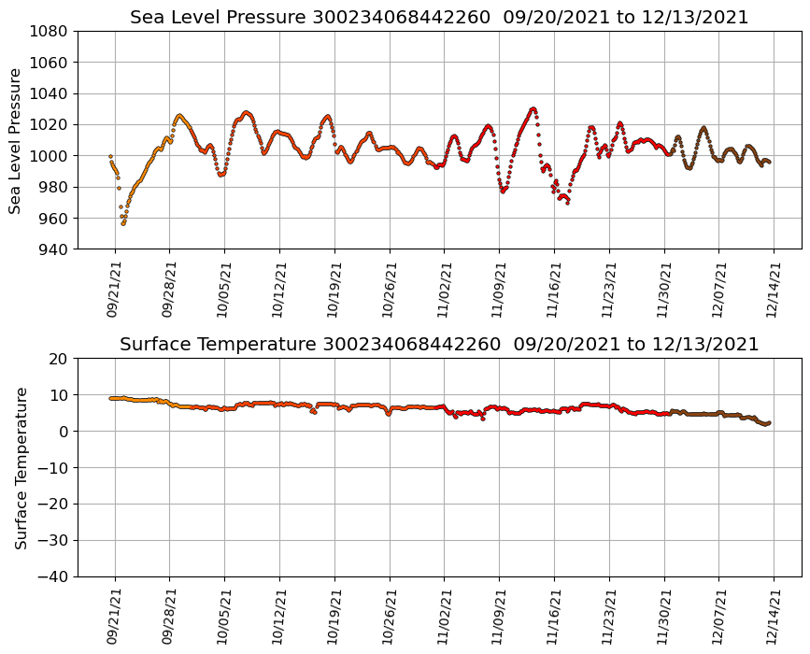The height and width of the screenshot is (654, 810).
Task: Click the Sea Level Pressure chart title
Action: click(439, 18)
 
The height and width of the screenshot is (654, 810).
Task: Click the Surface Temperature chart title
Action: click(439, 345)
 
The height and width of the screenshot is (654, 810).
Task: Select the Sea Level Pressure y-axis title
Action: click(16, 140)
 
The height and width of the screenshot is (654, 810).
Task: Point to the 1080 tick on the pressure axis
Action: click(50, 31)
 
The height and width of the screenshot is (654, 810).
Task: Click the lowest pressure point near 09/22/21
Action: click(122, 223)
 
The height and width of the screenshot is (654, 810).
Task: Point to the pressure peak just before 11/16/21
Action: click(533, 108)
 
